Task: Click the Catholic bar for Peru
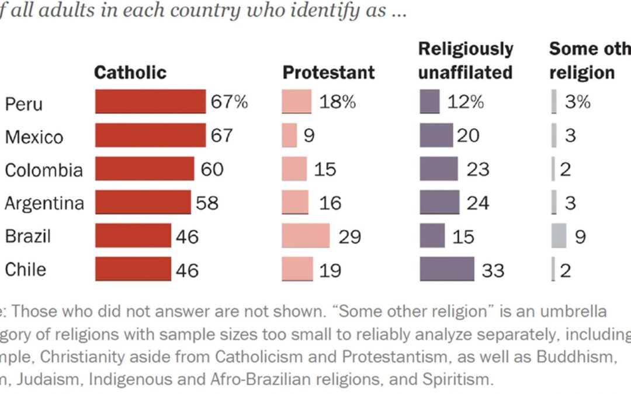point(150,102)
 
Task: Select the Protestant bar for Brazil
point(305,236)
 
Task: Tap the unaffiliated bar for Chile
point(447,269)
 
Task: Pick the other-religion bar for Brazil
point(559,236)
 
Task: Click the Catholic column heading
point(130,72)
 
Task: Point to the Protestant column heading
point(328,72)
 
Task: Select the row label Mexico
point(34,137)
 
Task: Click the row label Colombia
point(44,170)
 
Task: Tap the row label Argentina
point(44,203)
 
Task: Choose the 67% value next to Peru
point(229,102)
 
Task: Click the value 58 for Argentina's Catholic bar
point(207,203)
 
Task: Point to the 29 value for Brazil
point(349,236)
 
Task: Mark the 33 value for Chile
point(493,270)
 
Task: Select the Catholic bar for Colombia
point(144,169)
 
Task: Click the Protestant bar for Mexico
point(289,135)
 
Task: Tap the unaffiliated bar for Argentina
point(439,202)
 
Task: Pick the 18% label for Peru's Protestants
point(337,102)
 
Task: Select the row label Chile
point(25,270)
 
